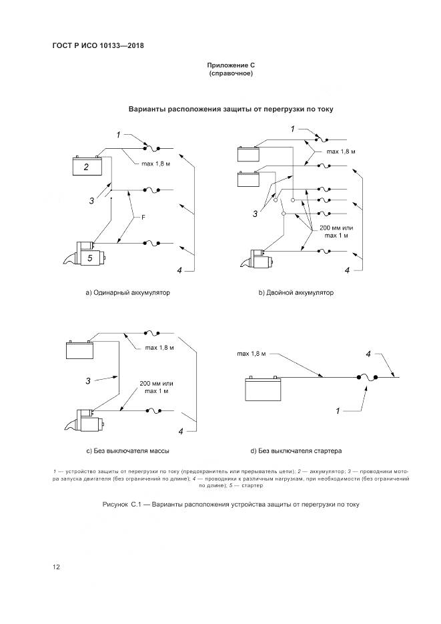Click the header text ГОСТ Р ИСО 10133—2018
pyautogui.click(x=98, y=46)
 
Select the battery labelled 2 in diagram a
pyautogui.click(x=86, y=167)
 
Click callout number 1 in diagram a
pyautogui.click(x=118, y=135)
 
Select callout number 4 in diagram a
pyautogui.click(x=179, y=270)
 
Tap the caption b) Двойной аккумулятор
pyautogui.click(x=296, y=293)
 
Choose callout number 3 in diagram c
pyautogui.click(x=87, y=381)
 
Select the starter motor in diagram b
pyautogui.click(x=263, y=259)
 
